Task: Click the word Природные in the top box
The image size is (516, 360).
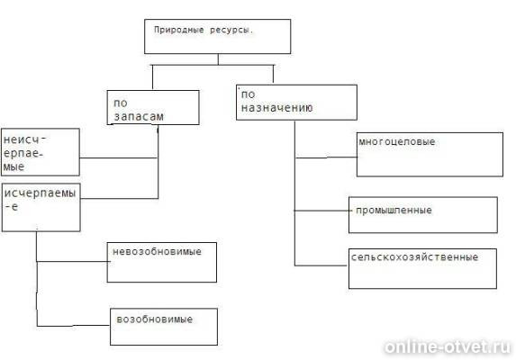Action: (178, 31)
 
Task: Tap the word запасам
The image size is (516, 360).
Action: (139, 116)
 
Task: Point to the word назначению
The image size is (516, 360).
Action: (276, 107)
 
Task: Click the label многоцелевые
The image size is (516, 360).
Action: (397, 142)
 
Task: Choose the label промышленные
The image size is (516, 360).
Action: (394, 210)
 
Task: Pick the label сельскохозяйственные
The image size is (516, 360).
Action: (414, 257)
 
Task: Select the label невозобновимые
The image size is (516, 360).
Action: (157, 252)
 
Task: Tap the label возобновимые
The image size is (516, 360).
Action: (154, 319)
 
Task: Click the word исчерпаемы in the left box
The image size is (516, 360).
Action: (41, 193)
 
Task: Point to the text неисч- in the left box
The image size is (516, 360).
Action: (24, 139)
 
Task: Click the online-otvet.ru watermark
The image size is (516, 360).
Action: (447, 346)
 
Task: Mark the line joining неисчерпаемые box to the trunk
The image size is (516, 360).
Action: (119, 158)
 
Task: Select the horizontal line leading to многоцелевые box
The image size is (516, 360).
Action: (326, 157)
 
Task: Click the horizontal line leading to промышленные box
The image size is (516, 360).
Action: (321, 211)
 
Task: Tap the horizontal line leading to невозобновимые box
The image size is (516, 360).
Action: (72, 262)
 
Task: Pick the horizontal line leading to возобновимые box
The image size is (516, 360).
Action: (73, 326)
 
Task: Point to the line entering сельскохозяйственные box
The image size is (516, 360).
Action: (321, 265)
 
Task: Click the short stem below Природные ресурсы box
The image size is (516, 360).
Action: (218, 59)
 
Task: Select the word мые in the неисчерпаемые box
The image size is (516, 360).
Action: (14, 167)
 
